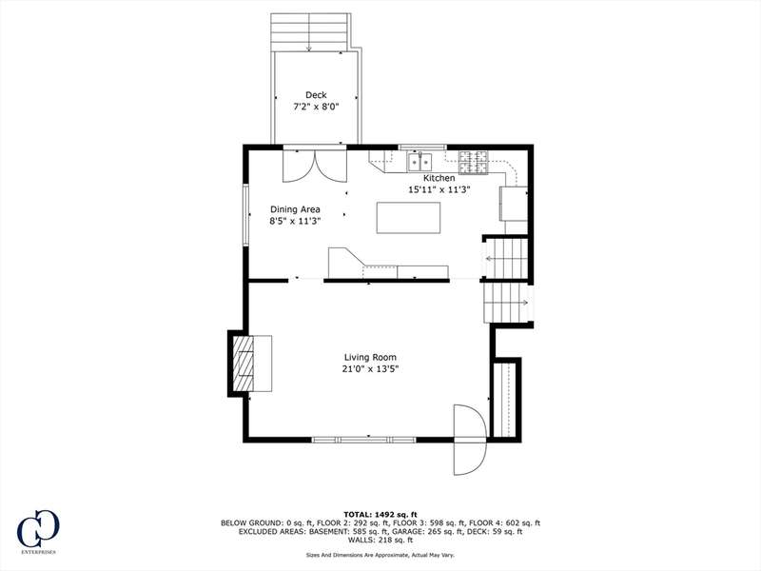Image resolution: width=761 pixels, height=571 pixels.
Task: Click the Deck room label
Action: [x=316, y=95]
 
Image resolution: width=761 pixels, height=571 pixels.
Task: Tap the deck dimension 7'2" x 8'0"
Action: [x=316, y=107]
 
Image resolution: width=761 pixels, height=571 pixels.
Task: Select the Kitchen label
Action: [x=439, y=178]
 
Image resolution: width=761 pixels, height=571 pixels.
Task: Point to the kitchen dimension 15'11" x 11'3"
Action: [x=439, y=189]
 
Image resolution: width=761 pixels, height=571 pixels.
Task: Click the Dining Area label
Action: [x=295, y=209]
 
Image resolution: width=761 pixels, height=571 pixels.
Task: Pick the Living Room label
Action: [x=370, y=358]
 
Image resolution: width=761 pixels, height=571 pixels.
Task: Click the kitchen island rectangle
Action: [x=409, y=218]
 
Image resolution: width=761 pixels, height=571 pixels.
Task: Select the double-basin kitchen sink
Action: [x=420, y=161]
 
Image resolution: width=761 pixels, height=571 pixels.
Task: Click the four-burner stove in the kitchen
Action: [x=474, y=162]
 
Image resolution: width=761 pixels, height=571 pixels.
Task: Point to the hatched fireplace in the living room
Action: [x=244, y=364]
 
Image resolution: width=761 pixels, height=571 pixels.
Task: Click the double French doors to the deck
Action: [x=315, y=166]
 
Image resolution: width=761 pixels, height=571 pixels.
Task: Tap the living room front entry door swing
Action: [x=470, y=440]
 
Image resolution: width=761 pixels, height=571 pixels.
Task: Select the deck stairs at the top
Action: [x=310, y=32]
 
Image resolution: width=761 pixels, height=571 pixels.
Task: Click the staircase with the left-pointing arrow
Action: [x=505, y=258]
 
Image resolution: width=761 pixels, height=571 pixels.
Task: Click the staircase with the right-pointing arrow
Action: [x=506, y=303]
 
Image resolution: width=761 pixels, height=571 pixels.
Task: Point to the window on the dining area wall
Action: [x=246, y=214]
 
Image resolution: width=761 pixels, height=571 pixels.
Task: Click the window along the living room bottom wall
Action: [x=364, y=440]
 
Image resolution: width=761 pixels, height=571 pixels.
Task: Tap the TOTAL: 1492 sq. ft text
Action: [x=380, y=514]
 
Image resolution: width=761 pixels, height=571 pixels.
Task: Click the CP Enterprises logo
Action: [x=38, y=531]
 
